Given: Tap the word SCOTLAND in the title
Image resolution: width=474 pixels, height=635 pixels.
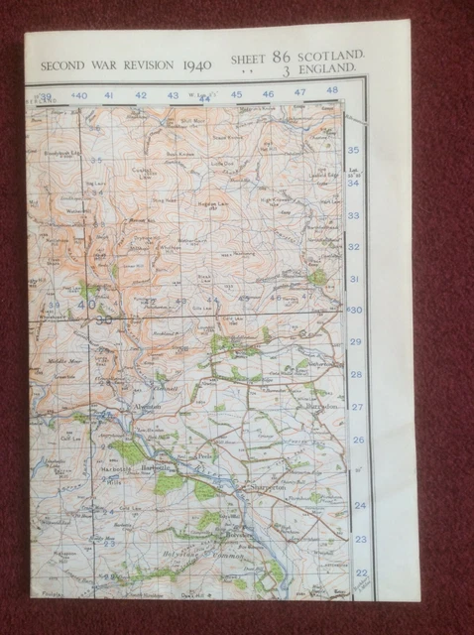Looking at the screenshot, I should coord(333,59).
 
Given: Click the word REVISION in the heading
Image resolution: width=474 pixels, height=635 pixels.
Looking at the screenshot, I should coord(145,65).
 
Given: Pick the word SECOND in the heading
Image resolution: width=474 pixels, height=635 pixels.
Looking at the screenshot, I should coord(60,66).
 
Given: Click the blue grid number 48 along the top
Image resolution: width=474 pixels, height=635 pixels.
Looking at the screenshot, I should coord(331,91).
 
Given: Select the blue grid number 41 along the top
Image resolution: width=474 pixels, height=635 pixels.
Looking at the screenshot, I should coord(109,96).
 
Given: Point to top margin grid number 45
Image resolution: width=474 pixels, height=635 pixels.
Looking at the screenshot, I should coord(236,95).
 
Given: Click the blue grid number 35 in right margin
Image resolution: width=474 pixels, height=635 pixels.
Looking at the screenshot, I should coord(355,150).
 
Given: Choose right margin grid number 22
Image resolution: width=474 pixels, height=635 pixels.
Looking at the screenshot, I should coord(360,572).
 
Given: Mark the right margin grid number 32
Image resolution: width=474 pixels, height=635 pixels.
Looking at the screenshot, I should coord(355,247).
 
